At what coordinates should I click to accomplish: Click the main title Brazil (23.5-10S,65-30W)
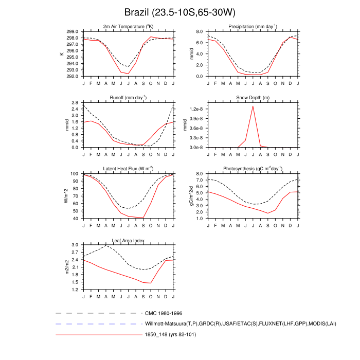click(x=179, y=12)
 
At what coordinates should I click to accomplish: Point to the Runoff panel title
click(x=128, y=98)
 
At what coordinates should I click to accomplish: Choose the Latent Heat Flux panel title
click(x=128, y=169)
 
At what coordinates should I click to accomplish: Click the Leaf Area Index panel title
click(x=128, y=240)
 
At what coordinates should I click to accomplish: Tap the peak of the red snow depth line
click(x=253, y=106)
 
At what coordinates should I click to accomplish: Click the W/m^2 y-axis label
click(x=66, y=196)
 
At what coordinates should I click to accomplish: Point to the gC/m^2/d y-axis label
click(x=191, y=196)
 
